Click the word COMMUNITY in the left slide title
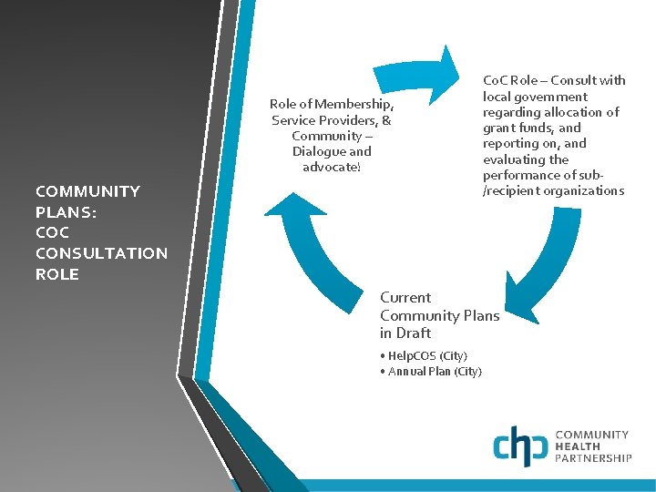87,191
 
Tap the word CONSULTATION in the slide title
101,253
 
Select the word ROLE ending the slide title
56,274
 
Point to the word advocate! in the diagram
332,168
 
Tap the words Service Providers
323,120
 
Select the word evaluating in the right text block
512,159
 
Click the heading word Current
405,298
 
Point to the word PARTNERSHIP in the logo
593,459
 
